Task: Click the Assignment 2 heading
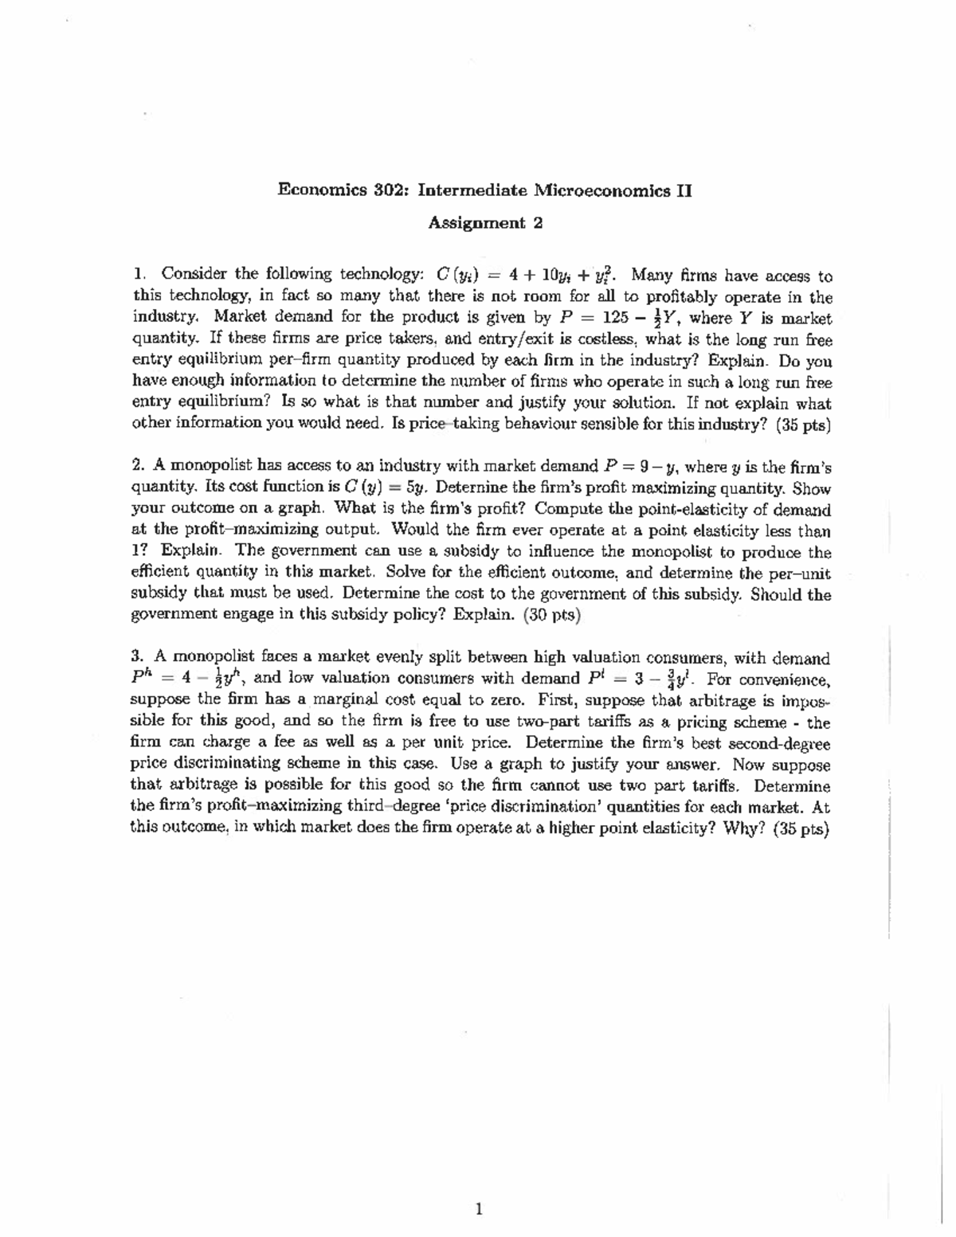(485, 224)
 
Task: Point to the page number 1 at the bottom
(478, 1210)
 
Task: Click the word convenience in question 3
(783, 679)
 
